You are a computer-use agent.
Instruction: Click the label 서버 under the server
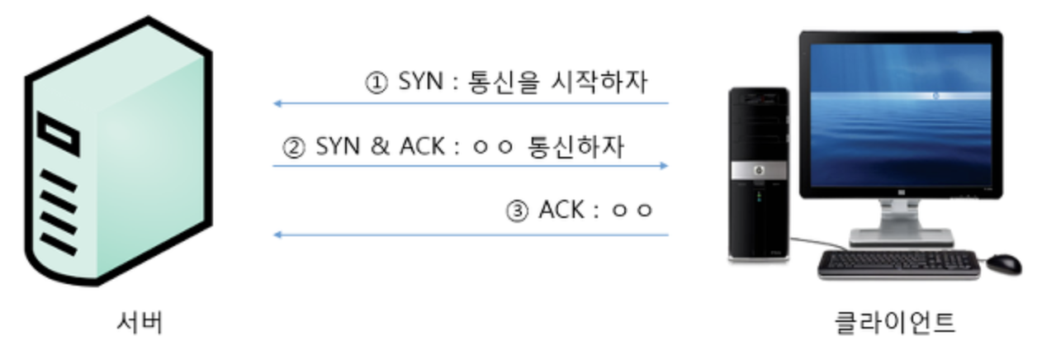(139, 322)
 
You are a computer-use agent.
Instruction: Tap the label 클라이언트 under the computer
(895, 322)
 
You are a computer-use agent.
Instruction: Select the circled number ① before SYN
(376, 83)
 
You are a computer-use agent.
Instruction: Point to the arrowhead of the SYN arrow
(277, 104)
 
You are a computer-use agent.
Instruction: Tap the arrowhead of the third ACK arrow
(277, 235)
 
